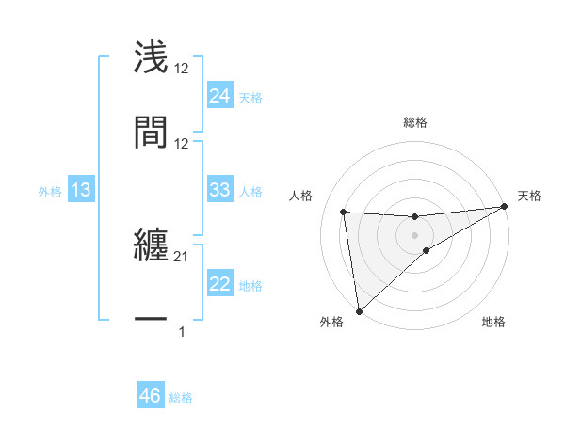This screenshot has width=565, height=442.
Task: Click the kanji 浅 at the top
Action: [151, 56]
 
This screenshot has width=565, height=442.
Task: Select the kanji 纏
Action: [151, 247]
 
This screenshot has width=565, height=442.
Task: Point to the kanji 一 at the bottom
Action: [151, 320]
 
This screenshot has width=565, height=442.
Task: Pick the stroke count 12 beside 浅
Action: [182, 69]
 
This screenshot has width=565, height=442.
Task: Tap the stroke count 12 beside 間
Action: [182, 144]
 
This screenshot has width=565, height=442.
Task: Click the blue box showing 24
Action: [219, 95]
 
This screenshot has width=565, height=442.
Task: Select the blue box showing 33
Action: [219, 190]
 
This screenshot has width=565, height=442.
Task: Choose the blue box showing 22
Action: [219, 284]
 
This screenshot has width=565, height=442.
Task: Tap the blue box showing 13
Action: [81, 191]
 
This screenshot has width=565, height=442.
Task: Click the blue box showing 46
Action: [151, 396]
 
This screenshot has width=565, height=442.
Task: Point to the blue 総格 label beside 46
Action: [181, 398]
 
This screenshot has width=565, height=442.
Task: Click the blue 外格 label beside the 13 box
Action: [50, 192]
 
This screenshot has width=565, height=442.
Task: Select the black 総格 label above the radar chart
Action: [415, 122]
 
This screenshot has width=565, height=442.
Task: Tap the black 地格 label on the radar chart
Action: [493, 323]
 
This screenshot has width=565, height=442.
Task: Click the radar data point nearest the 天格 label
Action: [504, 208]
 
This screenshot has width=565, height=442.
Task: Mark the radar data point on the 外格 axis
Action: [358, 310]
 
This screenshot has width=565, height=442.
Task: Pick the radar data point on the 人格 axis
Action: [344, 212]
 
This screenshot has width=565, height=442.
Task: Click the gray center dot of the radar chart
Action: [415, 234]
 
